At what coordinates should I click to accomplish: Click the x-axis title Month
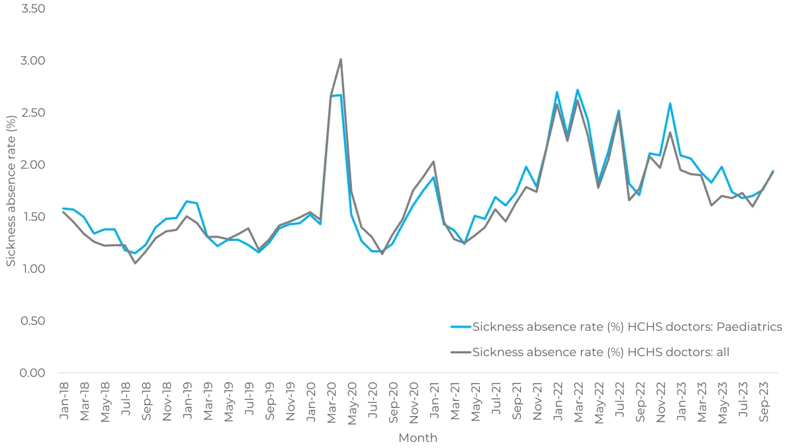click(x=418, y=438)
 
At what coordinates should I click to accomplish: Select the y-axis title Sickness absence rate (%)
click(x=11, y=191)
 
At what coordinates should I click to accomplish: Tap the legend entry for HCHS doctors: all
click(x=601, y=352)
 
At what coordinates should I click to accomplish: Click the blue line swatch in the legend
click(x=461, y=327)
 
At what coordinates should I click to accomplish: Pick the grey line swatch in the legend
click(x=461, y=352)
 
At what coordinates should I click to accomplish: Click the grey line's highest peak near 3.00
click(x=341, y=60)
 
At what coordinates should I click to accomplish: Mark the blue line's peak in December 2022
click(x=670, y=103)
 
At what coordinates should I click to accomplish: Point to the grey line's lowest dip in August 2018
click(x=135, y=263)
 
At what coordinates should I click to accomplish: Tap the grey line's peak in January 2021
click(x=433, y=161)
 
